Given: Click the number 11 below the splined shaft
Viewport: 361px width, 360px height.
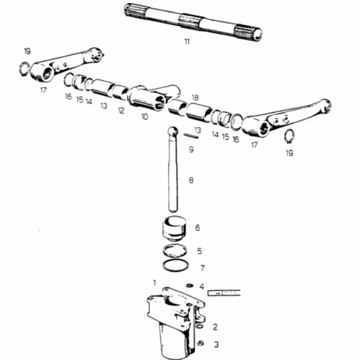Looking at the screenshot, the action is coord(187,41).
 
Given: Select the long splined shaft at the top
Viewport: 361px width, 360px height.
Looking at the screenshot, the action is coord(193,22).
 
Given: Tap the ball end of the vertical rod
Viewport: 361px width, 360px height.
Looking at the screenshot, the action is coord(173,131).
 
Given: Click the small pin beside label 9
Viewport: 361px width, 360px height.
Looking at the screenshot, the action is coord(191,136).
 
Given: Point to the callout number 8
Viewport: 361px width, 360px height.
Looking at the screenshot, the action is coord(191,181).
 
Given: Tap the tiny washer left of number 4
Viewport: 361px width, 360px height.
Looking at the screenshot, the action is coord(190,285).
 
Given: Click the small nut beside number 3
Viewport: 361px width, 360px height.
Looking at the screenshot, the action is coord(200,343).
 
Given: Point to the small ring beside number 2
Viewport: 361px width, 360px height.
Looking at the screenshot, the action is coord(199,326).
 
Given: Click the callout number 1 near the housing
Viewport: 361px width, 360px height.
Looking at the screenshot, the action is coord(155,283).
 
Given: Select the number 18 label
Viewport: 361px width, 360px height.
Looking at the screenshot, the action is coord(195,98).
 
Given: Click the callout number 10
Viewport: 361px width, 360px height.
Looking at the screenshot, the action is coord(145,117).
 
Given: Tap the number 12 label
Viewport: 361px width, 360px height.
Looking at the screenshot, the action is coord(121,111).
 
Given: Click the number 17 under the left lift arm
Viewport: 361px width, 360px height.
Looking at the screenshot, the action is coord(43,90).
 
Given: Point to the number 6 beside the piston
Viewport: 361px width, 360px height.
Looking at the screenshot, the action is coord(198,228).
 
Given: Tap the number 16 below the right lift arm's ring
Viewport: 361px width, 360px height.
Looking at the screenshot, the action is coord(235,139).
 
